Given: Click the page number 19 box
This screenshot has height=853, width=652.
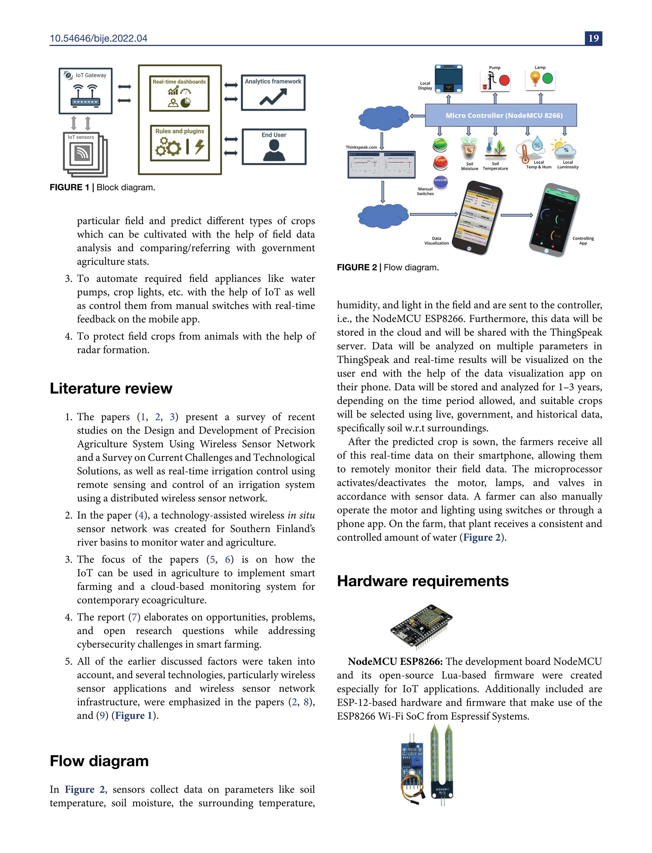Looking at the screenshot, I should [593, 38].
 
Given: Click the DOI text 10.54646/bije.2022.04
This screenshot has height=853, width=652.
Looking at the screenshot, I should [99, 38].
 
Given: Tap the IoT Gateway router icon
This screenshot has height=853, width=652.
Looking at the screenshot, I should [85, 95].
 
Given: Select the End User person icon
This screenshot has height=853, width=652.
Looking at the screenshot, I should [274, 150].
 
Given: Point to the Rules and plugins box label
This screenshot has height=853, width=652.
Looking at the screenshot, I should [180, 131].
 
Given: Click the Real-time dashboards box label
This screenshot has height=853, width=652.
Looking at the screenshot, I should [179, 82].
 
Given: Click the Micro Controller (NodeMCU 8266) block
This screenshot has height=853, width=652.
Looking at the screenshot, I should [501, 115].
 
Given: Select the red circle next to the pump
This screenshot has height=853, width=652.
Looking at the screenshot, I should [504, 80].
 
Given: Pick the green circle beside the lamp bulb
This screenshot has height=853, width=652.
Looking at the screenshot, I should [548, 79].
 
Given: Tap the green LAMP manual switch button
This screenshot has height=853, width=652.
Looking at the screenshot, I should [440, 145].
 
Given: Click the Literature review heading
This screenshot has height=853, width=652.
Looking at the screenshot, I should [111, 388].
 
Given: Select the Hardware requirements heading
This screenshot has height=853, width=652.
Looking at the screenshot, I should [423, 581].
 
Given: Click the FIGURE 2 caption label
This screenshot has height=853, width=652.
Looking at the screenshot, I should [357, 267].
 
